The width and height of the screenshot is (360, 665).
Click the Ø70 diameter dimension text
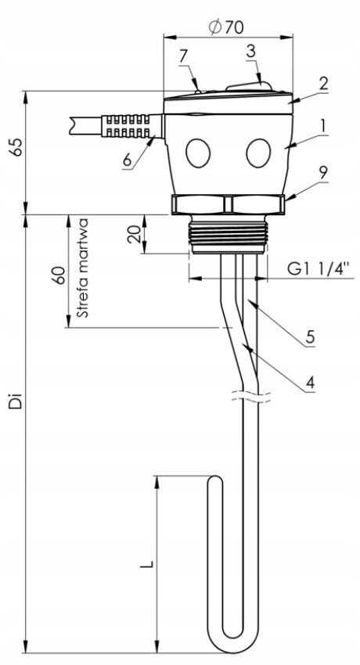[226, 27]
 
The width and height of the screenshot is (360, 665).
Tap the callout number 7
[183, 56]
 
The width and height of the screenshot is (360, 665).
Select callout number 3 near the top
[251, 52]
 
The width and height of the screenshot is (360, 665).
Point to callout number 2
[323, 83]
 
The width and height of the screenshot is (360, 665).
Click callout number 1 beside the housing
[322, 125]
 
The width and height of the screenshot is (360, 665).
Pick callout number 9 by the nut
[323, 173]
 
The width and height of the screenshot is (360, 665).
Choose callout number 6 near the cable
[127, 160]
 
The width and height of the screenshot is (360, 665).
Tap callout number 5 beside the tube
[310, 337]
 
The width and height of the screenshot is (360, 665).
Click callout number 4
[310, 383]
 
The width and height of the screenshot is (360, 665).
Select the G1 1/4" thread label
[319, 268]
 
